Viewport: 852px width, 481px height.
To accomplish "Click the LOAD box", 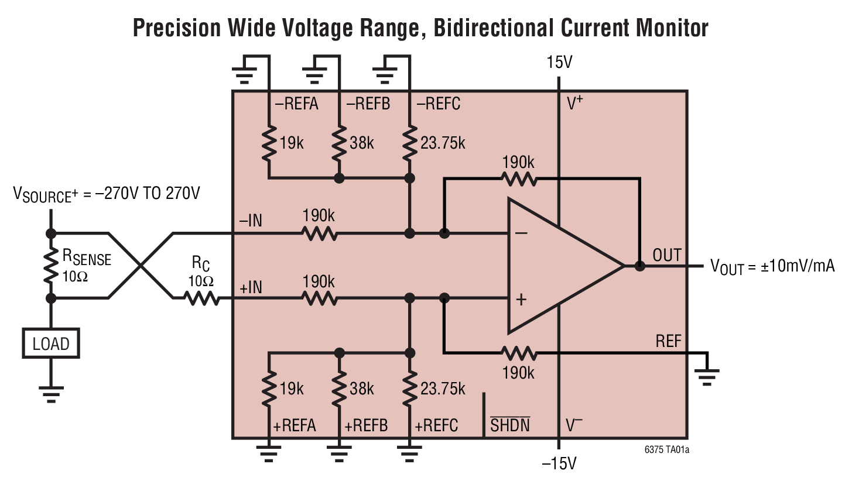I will click(x=50, y=343).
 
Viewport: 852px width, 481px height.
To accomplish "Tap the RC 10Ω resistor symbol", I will click(x=201, y=298).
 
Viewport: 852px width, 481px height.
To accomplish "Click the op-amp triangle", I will click(x=556, y=266).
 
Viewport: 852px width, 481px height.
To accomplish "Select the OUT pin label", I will click(x=667, y=255).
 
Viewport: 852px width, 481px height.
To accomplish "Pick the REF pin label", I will click(x=669, y=341).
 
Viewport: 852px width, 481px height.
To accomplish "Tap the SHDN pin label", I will click(x=509, y=425).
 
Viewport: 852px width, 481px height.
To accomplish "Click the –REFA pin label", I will click(x=296, y=104).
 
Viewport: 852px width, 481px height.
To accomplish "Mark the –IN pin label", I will click(x=251, y=221).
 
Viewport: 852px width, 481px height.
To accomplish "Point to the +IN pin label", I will click(x=251, y=288).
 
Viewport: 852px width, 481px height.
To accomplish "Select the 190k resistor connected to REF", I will click(x=519, y=353).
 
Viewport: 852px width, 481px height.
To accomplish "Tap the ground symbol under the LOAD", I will click(x=50, y=393).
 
